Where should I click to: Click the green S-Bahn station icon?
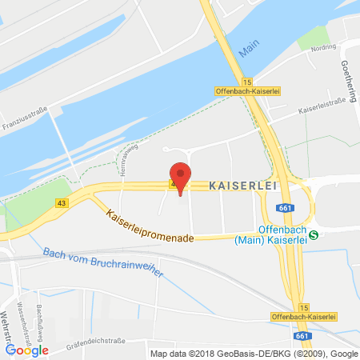click(x=314, y=234)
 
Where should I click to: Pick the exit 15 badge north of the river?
click(x=247, y=82)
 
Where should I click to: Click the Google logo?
click(x=27, y=349)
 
